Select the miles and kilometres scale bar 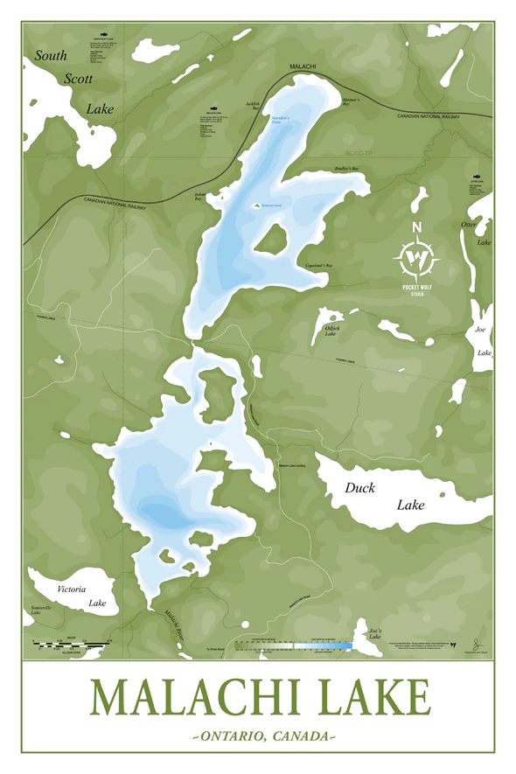(x=70, y=646)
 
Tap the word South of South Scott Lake (x=51, y=56)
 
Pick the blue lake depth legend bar (x=324, y=646)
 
